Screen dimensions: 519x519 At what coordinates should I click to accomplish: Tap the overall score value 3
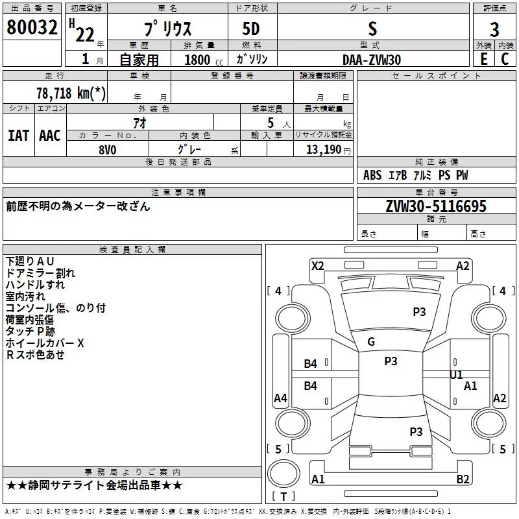(494, 30)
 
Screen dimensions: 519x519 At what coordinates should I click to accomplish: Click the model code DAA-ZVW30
(372, 59)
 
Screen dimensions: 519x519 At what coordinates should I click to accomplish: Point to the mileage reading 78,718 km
(71, 93)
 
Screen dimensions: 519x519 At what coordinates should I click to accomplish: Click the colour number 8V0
(108, 149)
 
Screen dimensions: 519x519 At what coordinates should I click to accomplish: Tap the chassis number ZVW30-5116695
(435, 206)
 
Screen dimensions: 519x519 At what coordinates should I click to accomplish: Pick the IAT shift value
(18, 135)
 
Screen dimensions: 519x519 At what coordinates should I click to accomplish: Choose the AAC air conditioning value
(50, 135)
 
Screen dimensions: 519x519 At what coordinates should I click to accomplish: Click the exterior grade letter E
(484, 59)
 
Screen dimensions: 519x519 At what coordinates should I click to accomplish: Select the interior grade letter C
(505, 59)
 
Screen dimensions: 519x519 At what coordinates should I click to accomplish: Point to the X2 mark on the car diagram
(317, 265)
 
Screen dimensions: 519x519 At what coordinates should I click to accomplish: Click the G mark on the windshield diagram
(371, 342)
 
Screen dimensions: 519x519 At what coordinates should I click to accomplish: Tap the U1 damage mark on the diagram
(456, 374)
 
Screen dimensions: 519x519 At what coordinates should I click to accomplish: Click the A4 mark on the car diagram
(280, 398)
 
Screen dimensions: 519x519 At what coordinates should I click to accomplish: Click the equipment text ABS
(372, 175)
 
